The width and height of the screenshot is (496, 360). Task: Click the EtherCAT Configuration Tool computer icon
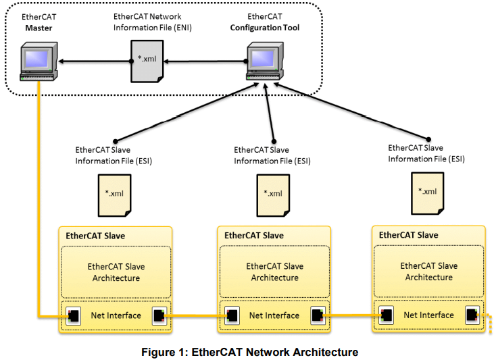(x=264, y=61)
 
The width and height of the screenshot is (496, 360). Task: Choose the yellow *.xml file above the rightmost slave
(x=428, y=191)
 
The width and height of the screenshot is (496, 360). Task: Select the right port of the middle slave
(x=316, y=315)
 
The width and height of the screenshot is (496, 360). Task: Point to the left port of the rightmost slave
(x=387, y=315)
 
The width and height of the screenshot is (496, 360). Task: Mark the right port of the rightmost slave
(x=471, y=315)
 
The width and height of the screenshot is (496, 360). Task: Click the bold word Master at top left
(x=40, y=28)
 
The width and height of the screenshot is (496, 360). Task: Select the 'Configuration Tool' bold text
(x=264, y=28)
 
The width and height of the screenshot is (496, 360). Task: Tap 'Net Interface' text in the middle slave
(x=274, y=315)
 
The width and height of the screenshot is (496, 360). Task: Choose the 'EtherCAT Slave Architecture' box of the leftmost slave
(x=116, y=272)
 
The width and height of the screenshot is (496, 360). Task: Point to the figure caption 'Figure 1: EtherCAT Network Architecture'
(x=249, y=352)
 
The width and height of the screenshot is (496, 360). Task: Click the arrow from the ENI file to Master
(x=95, y=61)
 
